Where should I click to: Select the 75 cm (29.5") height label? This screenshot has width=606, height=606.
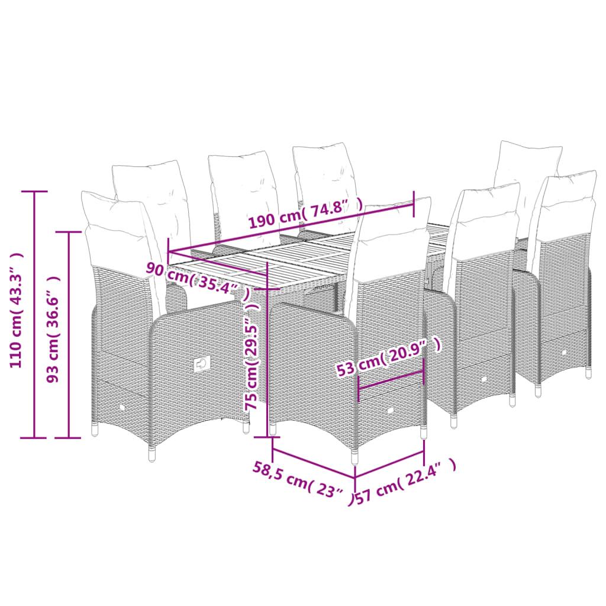pyautogui.click(x=253, y=363)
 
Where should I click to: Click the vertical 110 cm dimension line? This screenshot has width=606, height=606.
pyautogui.click(x=34, y=314)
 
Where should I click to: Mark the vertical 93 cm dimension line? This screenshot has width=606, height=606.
pyautogui.click(x=69, y=334)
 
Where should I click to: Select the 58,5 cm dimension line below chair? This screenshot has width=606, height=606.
pyautogui.click(x=314, y=464)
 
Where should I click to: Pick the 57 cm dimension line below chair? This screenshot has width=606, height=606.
pyautogui.click(x=389, y=464)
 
